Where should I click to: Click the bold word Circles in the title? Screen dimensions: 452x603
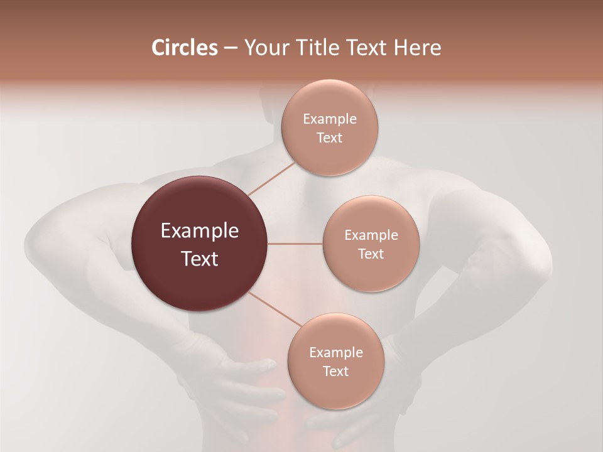184,48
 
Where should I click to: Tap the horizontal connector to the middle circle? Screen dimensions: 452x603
295,244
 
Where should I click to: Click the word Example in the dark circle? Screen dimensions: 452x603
200,231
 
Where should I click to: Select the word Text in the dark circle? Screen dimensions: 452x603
200,259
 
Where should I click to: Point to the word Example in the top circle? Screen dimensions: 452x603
330,119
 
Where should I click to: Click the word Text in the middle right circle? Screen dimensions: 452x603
371,254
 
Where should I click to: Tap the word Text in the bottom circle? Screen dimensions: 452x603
335,371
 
